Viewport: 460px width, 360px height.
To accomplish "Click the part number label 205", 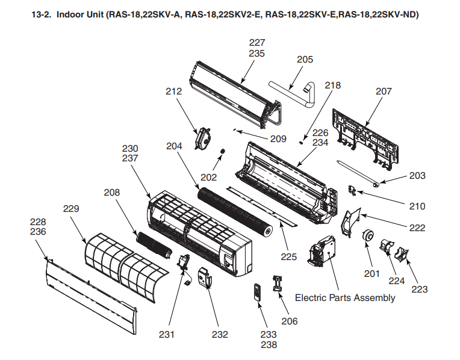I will tap(305, 60).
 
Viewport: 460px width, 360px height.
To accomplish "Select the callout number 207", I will tap(384, 92).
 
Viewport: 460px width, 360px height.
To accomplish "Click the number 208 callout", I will tap(111, 193).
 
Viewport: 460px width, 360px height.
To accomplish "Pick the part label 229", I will tap(71, 208).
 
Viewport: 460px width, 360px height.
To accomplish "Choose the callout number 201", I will tap(372, 274).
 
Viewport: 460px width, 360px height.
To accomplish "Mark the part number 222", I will tap(417, 228).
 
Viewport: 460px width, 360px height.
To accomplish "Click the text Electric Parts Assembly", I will tap(345, 297).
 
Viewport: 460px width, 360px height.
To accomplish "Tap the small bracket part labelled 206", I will tap(278, 282).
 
